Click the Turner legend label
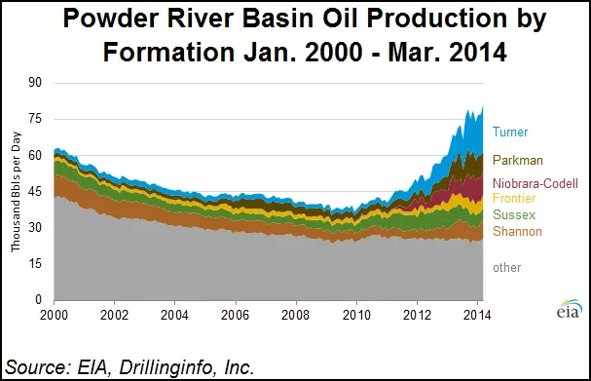coord(510,132)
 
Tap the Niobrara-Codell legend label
coord(535,182)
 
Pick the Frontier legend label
coord(514,198)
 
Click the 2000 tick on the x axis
coord(55,317)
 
